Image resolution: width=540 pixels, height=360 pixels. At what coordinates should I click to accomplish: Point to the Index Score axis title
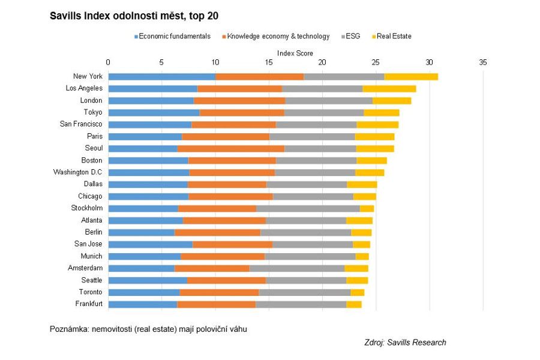coord(295,53)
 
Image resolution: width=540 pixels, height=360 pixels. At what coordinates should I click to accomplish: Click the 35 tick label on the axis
coord(482,62)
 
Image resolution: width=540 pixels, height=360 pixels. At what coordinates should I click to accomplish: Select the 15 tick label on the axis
coord(269,62)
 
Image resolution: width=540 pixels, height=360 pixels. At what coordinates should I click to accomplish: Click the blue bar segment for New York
coord(161,76)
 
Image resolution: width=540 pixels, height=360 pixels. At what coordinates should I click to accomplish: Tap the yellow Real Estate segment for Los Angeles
coord(389,88)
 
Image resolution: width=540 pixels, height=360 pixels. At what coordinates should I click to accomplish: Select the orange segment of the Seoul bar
coord(230,148)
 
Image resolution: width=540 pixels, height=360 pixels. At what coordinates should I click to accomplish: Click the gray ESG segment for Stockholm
coord(308,208)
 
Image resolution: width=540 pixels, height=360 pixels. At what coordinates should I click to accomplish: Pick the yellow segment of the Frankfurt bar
coord(354,304)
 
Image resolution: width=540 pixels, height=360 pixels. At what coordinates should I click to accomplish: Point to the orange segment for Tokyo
coord(242,112)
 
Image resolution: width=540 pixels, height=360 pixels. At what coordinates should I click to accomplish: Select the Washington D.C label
coord(77,172)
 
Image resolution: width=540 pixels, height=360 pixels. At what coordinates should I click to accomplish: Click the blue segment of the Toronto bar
coord(143,292)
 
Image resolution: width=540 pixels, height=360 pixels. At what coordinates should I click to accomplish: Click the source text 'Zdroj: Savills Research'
coord(405,343)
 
